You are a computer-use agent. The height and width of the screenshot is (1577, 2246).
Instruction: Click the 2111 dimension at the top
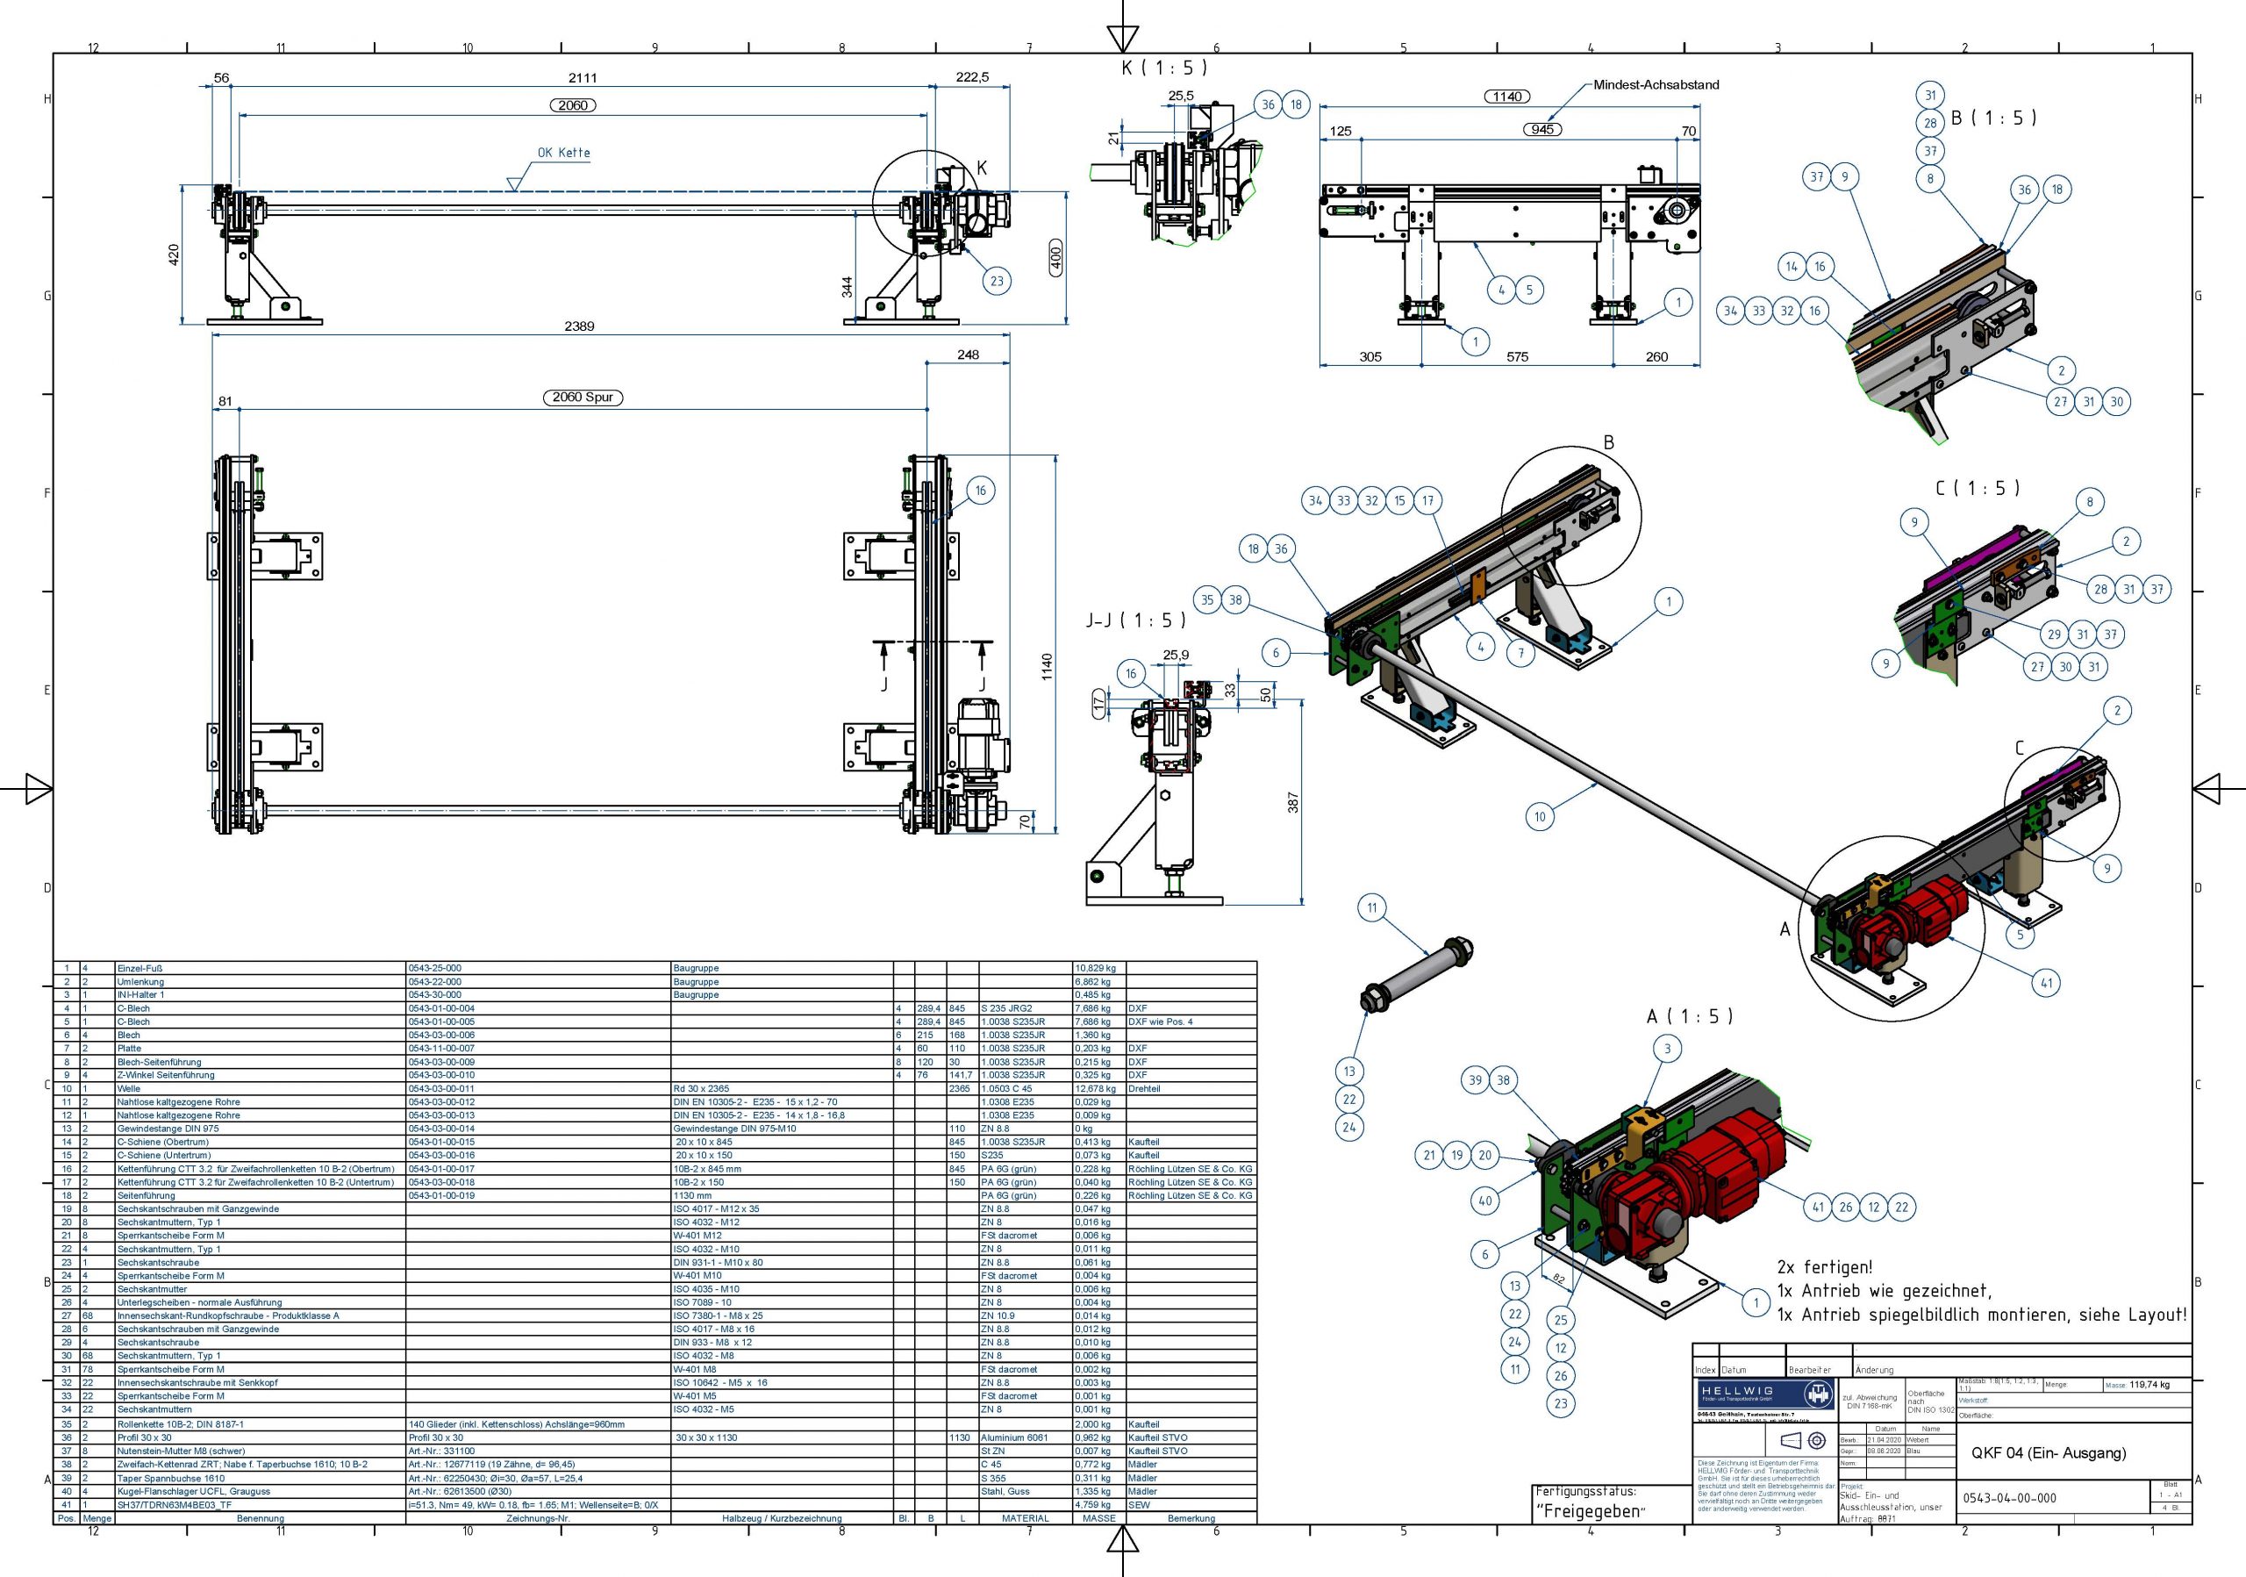(582, 78)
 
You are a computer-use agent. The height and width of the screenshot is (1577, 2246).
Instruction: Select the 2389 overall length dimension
(579, 326)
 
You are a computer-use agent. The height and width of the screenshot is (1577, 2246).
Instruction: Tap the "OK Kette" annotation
(563, 153)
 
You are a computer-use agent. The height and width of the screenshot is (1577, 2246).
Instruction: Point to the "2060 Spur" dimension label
(582, 398)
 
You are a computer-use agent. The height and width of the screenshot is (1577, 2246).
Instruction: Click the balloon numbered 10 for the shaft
(1540, 817)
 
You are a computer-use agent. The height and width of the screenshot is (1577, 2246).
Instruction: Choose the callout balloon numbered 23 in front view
(996, 281)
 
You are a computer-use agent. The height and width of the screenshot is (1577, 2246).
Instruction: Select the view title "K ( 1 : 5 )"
(1163, 68)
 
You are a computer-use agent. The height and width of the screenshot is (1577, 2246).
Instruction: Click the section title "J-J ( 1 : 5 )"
(1134, 620)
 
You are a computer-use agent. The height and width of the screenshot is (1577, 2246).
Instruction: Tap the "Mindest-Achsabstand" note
(1656, 85)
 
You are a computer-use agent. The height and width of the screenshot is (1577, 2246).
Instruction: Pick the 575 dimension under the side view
(1516, 357)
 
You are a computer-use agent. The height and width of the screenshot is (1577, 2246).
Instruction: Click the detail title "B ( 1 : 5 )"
(1992, 118)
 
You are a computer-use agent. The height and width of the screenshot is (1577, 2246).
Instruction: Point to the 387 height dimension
(1292, 802)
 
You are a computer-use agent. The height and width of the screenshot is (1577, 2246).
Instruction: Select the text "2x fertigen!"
(1824, 1267)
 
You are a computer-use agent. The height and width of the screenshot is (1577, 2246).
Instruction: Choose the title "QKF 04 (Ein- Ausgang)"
(2048, 1452)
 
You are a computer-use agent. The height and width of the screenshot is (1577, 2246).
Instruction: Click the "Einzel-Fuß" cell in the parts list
(135, 969)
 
